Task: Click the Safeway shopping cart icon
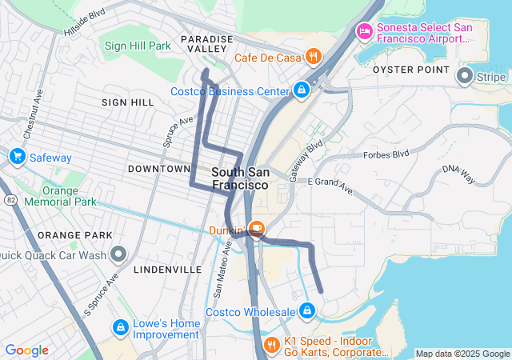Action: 17,156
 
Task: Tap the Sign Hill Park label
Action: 138,46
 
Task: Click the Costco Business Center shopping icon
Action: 302,90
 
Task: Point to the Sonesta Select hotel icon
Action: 364,32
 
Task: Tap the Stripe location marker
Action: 465,77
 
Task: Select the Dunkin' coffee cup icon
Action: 257,229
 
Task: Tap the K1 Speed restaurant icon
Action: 272,345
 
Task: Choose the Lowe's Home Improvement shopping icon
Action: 120,327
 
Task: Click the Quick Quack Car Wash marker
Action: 119,255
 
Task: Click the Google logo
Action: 26,350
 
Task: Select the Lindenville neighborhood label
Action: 168,270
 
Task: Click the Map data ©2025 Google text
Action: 462,354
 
